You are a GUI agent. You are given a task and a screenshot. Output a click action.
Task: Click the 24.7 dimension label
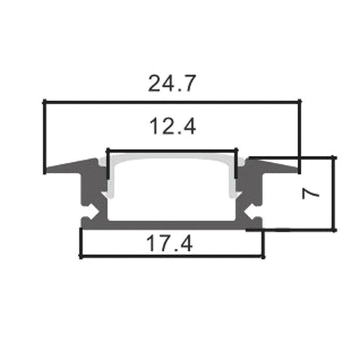pyautogui.click(x=171, y=83)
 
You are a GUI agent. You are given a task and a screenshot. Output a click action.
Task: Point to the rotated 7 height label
pyautogui.click(x=313, y=193)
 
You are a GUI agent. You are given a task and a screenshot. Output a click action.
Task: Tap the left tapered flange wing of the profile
pyautogui.click(x=67, y=164)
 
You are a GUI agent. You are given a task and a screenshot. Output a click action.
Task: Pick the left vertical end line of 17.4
pyautogui.click(x=80, y=241)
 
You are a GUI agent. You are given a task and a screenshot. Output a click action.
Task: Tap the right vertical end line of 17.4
pyautogui.click(x=262, y=241)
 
